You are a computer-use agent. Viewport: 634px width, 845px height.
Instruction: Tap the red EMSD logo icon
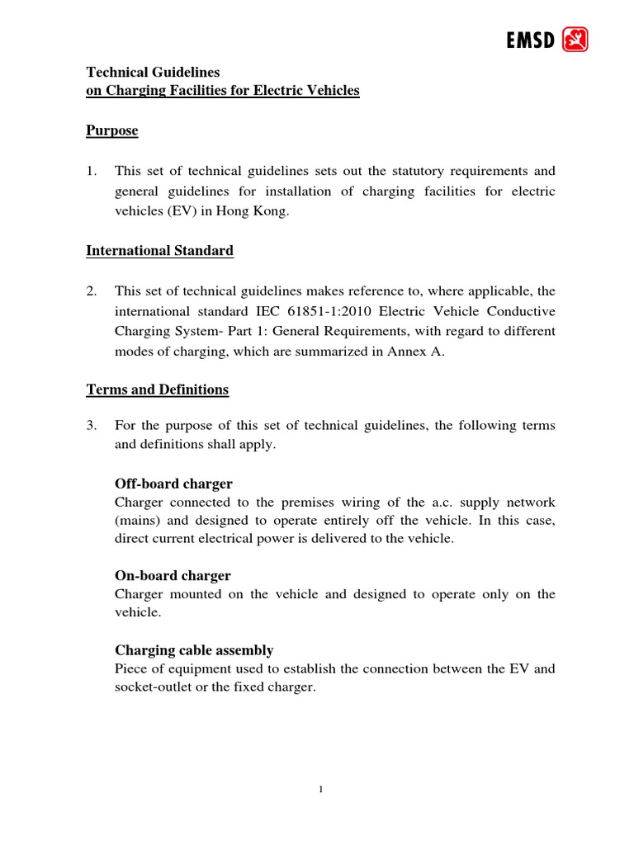coord(575,39)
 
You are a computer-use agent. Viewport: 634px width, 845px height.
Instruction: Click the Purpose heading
coord(112,131)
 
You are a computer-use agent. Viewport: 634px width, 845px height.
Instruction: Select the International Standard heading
coord(160,251)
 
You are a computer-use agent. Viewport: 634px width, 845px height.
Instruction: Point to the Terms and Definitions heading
coord(158,389)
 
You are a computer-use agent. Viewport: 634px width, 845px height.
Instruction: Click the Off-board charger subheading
coord(173,484)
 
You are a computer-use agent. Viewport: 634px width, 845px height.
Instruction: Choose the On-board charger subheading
coord(172,575)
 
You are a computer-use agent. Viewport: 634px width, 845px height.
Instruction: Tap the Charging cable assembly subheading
coord(194,650)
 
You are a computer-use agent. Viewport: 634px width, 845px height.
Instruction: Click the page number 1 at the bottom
coord(321,789)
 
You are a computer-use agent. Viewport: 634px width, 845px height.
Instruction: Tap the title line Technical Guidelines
coord(154,73)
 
